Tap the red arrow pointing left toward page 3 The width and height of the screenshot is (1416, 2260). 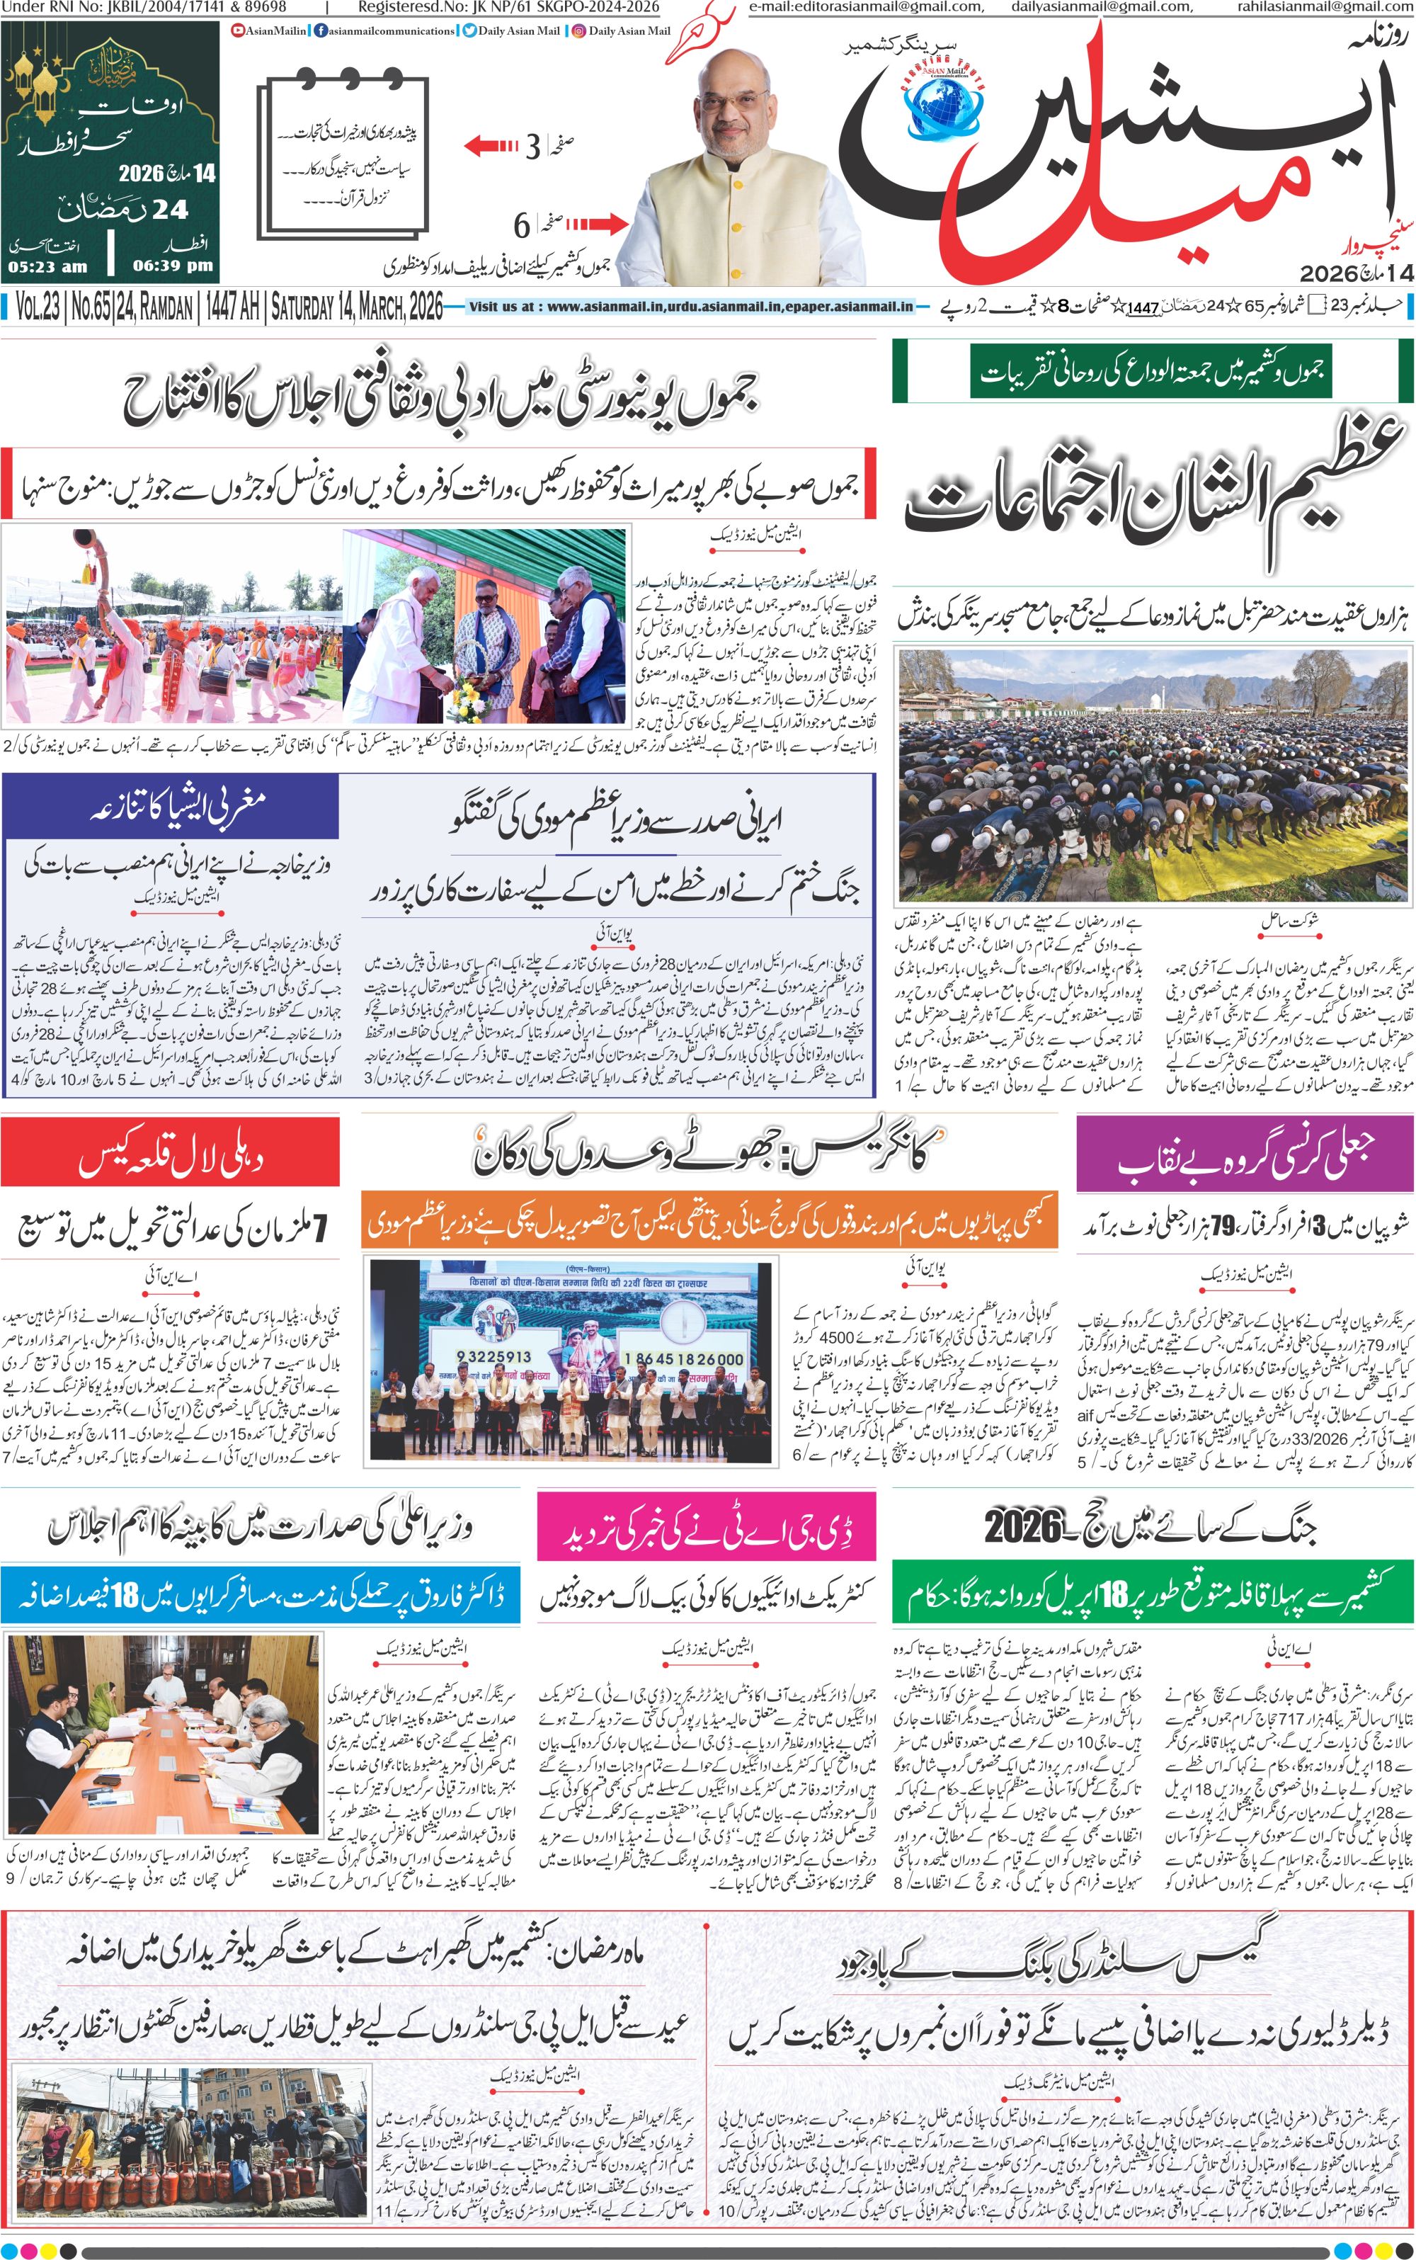(491, 146)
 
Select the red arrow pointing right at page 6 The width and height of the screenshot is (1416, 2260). (597, 224)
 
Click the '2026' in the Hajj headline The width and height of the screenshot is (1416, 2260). (1024, 1528)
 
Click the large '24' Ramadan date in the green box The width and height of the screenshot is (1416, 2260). (169, 209)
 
